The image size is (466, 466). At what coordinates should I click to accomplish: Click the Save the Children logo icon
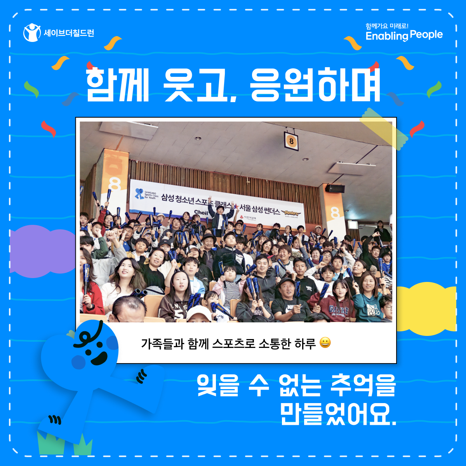tap(32, 33)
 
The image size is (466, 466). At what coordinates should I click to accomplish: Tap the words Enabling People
tap(404, 35)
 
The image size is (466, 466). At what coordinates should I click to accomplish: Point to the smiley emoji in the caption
tap(325, 343)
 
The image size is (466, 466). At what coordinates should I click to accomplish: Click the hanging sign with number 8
tap(291, 141)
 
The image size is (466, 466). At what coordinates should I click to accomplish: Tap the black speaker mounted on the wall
tap(335, 189)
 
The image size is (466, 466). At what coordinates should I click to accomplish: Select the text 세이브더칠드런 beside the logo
tap(69, 33)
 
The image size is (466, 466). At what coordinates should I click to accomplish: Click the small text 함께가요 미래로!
tap(387, 26)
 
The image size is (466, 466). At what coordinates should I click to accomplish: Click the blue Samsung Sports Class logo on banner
tap(139, 193)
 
